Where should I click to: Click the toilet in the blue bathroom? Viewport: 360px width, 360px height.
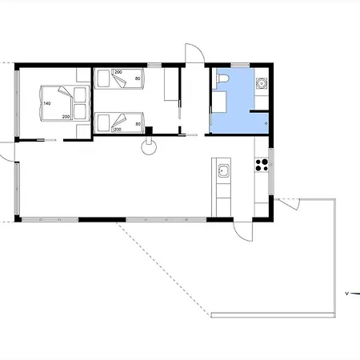[x=222, y=78]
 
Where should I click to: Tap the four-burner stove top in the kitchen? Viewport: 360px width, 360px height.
[x=262, y=165]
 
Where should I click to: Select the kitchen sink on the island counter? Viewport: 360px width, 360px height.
[x=223, y=170]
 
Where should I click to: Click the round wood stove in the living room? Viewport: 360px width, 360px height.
[x=149, y=147]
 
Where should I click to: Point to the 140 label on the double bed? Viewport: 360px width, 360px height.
[x=47, y=103]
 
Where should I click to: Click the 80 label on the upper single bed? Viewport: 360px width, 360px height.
[x=138, y=78]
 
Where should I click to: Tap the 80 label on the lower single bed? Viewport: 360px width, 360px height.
[x=138, y=124]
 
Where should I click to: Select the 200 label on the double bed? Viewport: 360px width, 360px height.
[x=66, y=117]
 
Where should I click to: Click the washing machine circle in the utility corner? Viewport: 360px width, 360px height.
[x=262, y=83]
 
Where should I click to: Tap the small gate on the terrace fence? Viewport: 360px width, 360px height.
[x=290, y=204]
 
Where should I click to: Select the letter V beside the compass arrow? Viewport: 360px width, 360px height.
[x=346, y=294]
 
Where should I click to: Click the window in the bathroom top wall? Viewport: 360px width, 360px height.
[x=240, y=65]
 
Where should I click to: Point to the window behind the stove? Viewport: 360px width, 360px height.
[x=271, y=171]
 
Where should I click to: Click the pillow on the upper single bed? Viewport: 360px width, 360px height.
[x=103, y=78]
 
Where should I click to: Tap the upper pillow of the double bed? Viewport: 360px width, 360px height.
[x=80, y=95]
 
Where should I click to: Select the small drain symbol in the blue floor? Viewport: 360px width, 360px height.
[x=266, y=123]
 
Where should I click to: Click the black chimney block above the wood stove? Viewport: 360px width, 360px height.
[x=149, y=130]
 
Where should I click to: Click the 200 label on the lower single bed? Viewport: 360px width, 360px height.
[x=118, y=130]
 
